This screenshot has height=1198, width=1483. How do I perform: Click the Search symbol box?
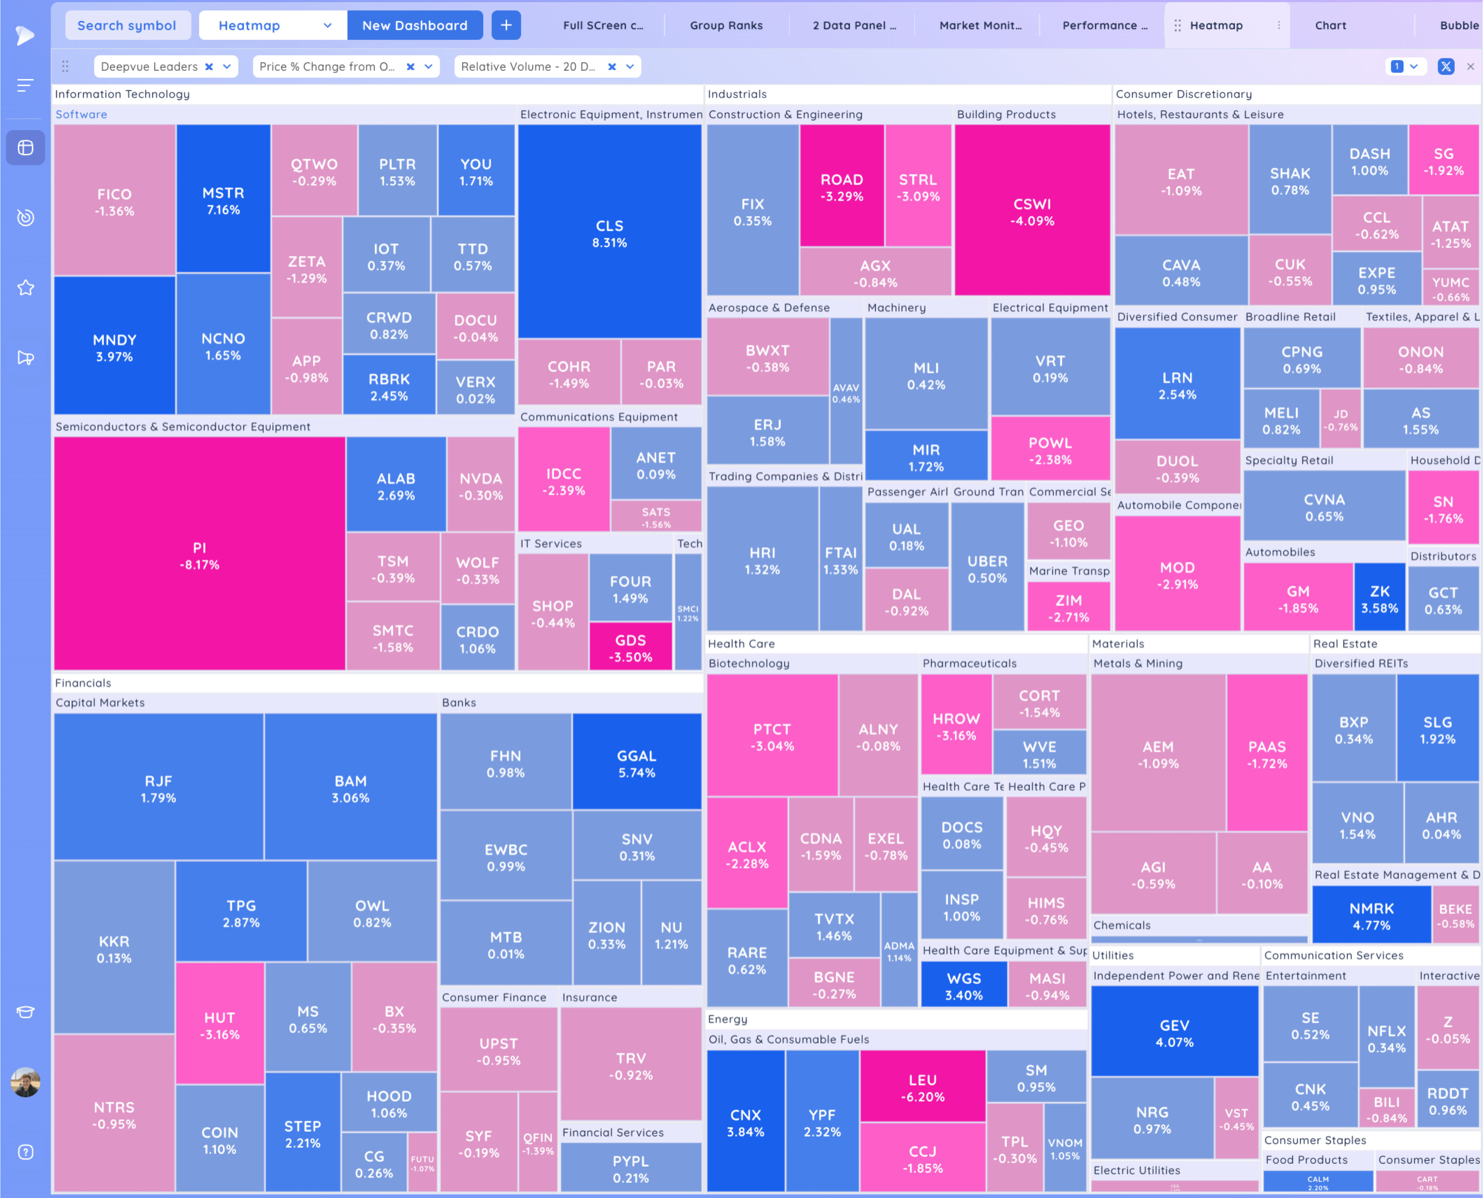127,26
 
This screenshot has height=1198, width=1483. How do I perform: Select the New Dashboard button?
415,26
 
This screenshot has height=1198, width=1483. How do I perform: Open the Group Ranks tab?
726,26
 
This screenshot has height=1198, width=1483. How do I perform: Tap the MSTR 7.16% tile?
223,200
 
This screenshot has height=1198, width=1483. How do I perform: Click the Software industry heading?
82,115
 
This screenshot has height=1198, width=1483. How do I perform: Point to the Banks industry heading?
459,702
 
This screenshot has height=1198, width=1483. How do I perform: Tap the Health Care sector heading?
741,644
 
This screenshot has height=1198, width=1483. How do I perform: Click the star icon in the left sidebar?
26,288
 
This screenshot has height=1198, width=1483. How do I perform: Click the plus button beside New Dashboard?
506,26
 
